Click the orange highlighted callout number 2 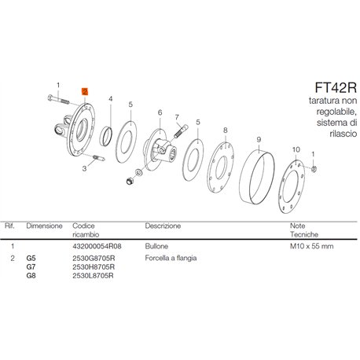click(85, 92)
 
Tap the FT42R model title click(336, 88)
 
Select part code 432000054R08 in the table click(97, 246)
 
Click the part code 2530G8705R click(94, 259)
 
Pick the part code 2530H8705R click(94, 267)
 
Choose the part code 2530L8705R click(93, 276)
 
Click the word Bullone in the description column click(156, 246)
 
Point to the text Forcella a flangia click(171, 259)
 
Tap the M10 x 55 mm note click(312, 246)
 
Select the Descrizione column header click(163, 226)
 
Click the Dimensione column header click(44, 226)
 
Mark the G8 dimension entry click(31, 276)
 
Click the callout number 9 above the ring click(259, 140)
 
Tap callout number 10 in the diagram click(296, 149)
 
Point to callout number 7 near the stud click(177, 117)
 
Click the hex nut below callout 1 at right click(314, 169)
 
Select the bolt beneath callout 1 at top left click(58, 100)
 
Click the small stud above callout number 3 click(99, 158)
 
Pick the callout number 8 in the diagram click(226, 130)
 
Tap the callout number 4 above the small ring click(111, 99)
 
